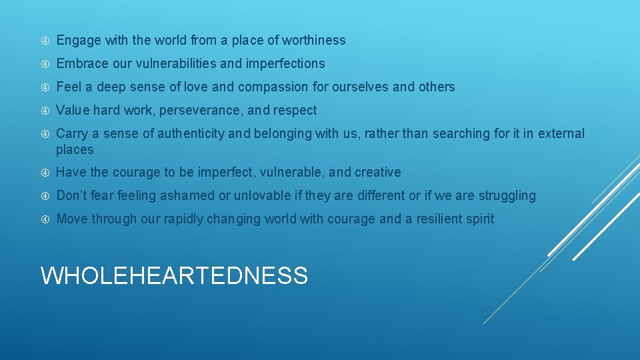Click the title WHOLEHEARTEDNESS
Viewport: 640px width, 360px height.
174,275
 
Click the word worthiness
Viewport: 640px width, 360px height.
313,40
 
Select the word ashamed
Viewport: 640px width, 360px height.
191,195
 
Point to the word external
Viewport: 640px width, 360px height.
562,133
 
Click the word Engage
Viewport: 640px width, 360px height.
78,40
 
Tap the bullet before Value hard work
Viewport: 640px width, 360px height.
45,111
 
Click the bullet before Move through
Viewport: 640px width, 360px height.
45,219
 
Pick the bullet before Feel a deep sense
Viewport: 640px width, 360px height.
45,87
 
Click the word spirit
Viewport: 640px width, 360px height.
479,219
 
